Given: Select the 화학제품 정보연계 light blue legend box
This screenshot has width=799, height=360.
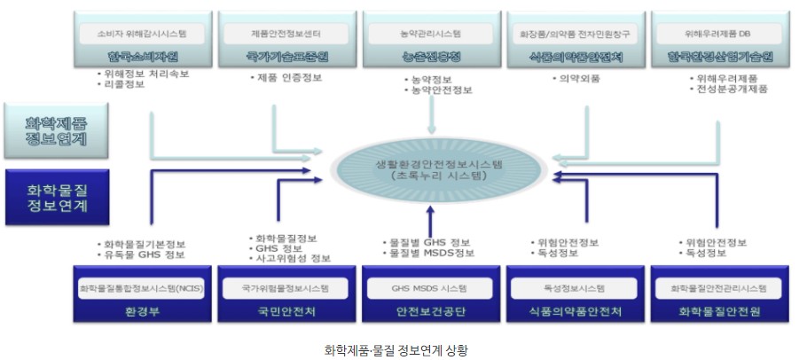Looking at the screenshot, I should coord(56,129).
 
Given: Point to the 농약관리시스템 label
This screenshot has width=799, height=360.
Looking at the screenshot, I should coord(430,35).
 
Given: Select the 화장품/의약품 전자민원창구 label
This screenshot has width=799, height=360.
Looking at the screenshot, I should coord(574,35).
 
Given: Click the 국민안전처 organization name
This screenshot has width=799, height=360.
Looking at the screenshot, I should coord(286,312).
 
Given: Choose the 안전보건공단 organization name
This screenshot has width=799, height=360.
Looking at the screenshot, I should coord(431,312).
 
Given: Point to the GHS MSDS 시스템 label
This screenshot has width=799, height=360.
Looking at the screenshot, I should coord(430,288).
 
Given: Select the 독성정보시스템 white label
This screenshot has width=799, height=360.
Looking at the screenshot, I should coord(575,288).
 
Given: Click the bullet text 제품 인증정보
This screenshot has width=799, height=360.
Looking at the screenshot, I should coord(286,77).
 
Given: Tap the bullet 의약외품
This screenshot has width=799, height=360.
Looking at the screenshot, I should coord(579,77).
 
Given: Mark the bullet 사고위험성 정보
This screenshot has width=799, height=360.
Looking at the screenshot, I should coord(292,259).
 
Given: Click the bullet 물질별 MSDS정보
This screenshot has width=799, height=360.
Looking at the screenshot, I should coord(430,254).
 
